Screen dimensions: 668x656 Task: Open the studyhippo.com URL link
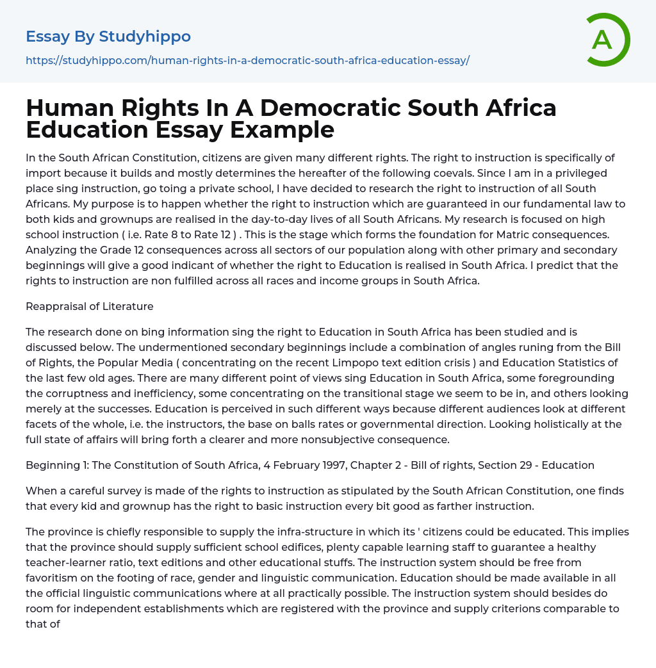point(247,60)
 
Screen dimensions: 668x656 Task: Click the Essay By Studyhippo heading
point(108,37)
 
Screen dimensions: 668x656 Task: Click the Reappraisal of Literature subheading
point(90,306)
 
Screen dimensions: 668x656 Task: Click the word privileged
point(576,173)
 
